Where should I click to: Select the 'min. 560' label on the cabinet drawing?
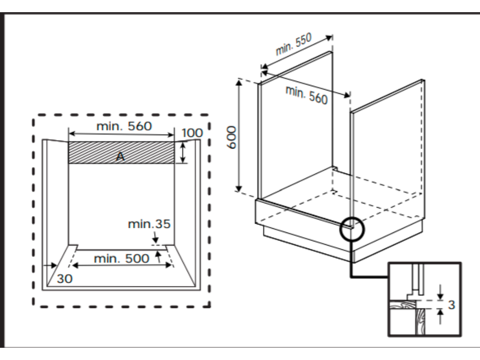(x=307, y=95)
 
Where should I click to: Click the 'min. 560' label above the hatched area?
(x=124, y=126)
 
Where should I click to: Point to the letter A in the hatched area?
(x=120, y=157)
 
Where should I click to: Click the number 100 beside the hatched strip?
(x=192, y=133)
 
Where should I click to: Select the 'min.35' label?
(x=149, y=224)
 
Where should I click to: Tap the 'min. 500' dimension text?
(x=121, y=258)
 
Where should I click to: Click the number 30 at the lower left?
(x=65, y=279)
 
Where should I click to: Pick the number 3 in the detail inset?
(x=451, y=305)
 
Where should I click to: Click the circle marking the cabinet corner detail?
(x=351, y=227)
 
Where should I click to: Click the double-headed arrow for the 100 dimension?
(x=183, y=152)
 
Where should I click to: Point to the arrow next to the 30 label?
(x=49, y=266)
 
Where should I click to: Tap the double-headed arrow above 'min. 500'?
(x=121, y=265)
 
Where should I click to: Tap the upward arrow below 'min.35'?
(x=158, y=255)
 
